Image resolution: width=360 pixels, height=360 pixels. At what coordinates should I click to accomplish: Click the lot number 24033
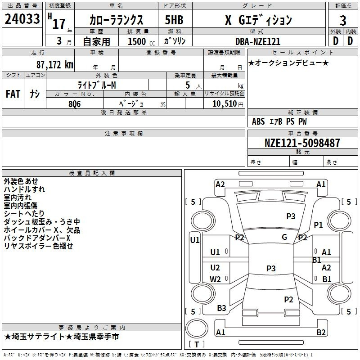(22, 19)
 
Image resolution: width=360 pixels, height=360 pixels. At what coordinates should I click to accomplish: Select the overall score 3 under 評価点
(343, 21)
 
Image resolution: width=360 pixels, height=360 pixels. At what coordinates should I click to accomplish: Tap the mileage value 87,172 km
(55, 65)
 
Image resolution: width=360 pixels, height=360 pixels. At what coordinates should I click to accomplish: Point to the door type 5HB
(174, 20)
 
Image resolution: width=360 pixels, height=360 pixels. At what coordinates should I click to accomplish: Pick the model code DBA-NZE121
(258, 41)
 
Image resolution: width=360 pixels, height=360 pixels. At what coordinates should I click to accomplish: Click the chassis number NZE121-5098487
(302, 143)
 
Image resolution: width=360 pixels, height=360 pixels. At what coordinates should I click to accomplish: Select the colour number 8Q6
(75, 104)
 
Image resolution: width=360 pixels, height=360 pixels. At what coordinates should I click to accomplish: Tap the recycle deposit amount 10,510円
(228, 104)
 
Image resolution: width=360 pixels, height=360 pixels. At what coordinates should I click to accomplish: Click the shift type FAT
(13, 94)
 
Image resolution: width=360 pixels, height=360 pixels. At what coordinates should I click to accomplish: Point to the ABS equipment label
(258, 121)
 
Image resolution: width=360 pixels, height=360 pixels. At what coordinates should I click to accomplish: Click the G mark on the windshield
(284, 237)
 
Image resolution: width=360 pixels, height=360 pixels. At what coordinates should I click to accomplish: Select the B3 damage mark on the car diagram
(221, 308)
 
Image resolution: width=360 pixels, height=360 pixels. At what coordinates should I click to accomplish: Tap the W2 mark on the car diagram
(215, 279)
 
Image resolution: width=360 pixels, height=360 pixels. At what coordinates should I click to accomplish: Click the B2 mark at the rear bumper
(321, 332)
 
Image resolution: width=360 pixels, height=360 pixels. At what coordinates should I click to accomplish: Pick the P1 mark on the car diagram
(318, 225)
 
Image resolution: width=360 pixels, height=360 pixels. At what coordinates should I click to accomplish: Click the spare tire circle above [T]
(197, 328)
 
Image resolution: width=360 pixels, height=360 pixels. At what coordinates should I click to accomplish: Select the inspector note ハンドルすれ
(24, 189)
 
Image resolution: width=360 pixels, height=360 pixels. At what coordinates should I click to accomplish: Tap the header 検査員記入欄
(92, 173)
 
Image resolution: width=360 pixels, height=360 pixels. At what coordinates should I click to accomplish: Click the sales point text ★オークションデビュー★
(288, 63)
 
